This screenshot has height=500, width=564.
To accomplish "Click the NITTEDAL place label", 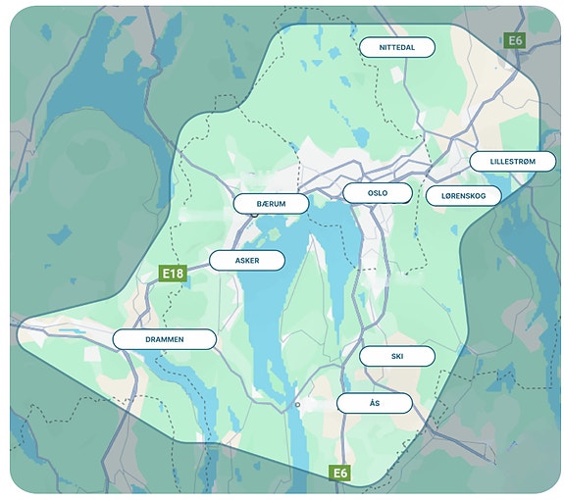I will [x=397, y=47].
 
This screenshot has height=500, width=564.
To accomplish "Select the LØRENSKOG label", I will [x=464, y=196].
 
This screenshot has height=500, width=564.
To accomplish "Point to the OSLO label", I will [x=378, y=193].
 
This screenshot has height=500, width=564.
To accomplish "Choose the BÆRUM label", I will [x=271, y=203].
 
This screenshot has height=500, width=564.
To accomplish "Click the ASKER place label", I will [x=247, y=261].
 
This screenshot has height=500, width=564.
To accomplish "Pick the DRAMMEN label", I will [x=164, y=339].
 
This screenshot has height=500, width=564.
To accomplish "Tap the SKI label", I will [x=396, y=356].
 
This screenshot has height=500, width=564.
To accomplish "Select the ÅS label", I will [x=375, y=403].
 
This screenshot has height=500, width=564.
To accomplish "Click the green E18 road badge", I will [x=173, y=274].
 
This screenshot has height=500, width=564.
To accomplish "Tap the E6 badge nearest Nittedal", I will [x=513, y=40].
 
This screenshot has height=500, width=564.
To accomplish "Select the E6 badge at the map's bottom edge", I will [x=339, y=474].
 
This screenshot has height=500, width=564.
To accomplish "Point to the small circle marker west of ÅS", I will [x=297, y=404].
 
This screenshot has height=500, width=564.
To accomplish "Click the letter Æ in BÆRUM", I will [x=265, y=203].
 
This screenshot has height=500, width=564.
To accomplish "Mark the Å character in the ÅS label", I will [x=372, y=403].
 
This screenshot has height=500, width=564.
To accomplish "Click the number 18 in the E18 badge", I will [x=177, y=274].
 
